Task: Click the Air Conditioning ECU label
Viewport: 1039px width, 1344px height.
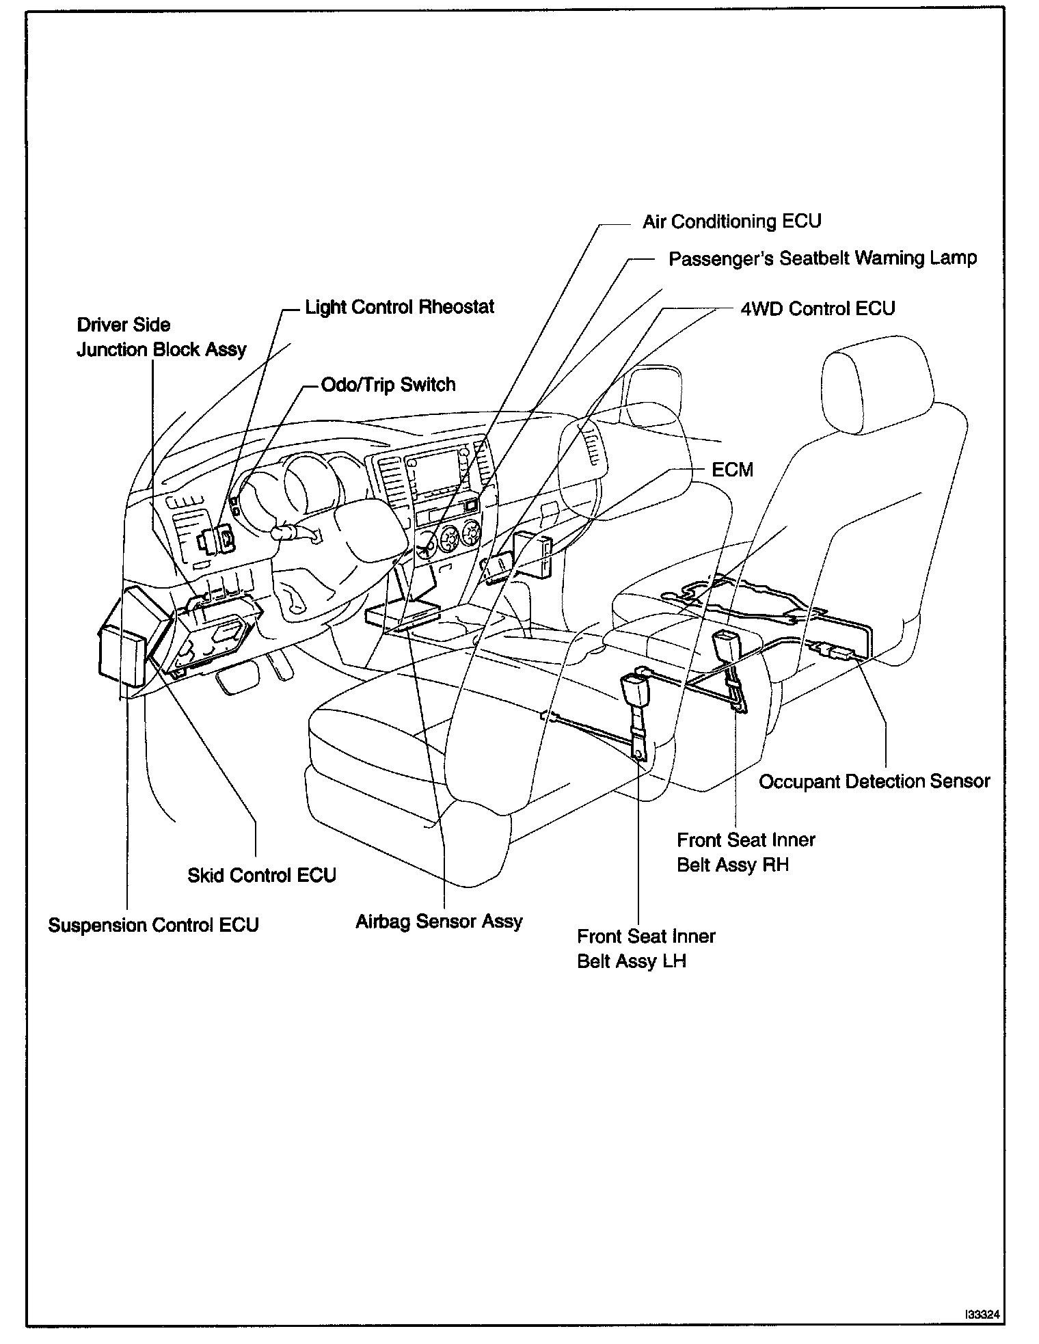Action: (731, 221)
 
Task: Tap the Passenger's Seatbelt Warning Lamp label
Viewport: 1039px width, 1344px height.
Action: (822, 258)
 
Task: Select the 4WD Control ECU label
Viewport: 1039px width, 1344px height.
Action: (818, 308)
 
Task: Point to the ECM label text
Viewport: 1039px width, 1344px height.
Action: (732, 470)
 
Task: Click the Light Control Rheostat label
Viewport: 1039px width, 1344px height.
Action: (399, 307)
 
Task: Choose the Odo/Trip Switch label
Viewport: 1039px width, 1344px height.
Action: (388, 384)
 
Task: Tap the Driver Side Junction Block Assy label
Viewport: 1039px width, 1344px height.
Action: (161, 337)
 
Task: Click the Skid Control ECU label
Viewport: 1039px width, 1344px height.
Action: (262, 875)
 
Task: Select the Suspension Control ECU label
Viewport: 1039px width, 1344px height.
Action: (153, 925)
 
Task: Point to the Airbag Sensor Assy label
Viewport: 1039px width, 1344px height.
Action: (439, 922)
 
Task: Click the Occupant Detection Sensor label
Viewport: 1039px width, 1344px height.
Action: (874, 781)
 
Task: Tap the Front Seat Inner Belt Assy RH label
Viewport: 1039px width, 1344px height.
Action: (746, 852)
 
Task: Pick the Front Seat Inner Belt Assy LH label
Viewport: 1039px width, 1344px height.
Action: (646, 948)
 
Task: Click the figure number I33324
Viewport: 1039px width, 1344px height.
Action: (983, 1314)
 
